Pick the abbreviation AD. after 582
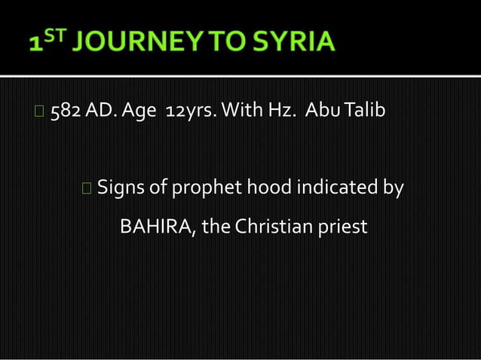tap(100, 111)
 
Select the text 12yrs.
tap(191, 112)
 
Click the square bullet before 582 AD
tap(38, 112)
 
